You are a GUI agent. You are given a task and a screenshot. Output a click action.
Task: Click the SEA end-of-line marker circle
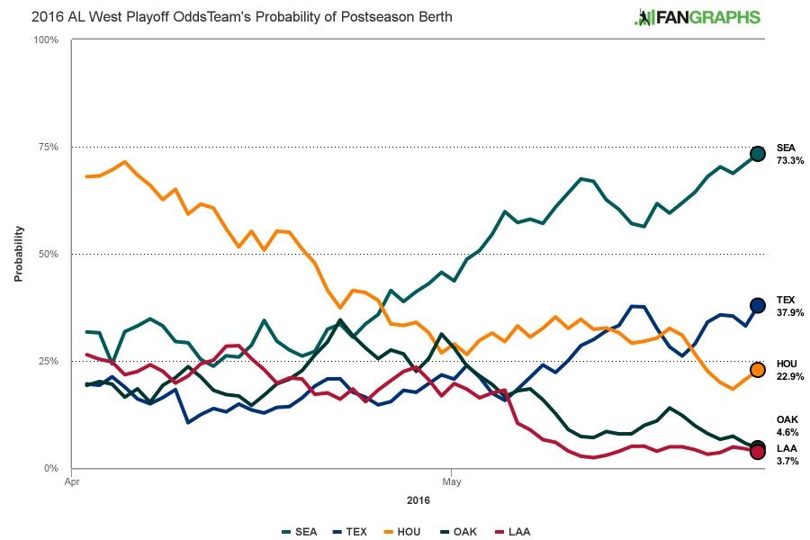(758, 154)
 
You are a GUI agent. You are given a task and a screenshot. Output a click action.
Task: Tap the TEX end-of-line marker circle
(758, 306)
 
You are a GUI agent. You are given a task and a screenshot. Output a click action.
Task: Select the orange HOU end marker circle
(758, 370)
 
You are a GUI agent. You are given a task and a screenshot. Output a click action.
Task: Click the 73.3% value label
(789, 160)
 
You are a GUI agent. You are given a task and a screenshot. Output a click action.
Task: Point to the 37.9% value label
(789, 312)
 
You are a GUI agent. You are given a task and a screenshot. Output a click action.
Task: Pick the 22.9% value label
(789, 376)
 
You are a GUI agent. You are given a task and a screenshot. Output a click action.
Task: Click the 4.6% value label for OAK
(787, 432)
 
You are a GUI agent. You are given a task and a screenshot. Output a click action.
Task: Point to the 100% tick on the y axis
(46, 40)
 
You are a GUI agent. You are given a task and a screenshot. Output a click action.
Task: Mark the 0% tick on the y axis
(52, 468)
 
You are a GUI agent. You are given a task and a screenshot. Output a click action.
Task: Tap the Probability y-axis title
(17, 253)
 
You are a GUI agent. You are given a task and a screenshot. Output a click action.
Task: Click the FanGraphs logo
(697, 17)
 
